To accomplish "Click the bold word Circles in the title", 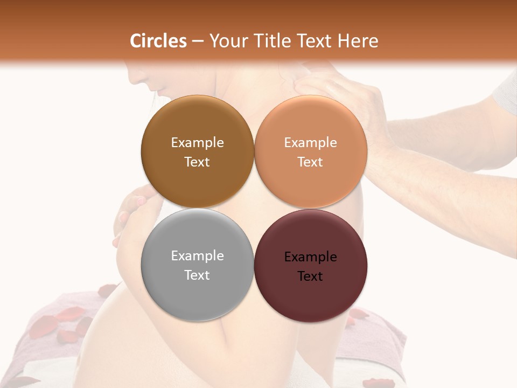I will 158,41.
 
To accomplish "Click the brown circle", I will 197,151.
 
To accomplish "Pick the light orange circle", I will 311,151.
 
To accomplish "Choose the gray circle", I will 197,265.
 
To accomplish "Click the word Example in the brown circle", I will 197,143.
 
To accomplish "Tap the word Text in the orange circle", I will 310,162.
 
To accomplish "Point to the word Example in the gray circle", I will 197,256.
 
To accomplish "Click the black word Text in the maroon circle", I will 310,276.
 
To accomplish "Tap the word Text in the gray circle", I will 197,275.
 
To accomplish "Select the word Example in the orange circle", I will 310,143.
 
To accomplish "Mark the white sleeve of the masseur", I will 506,89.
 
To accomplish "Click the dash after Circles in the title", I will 198,41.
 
